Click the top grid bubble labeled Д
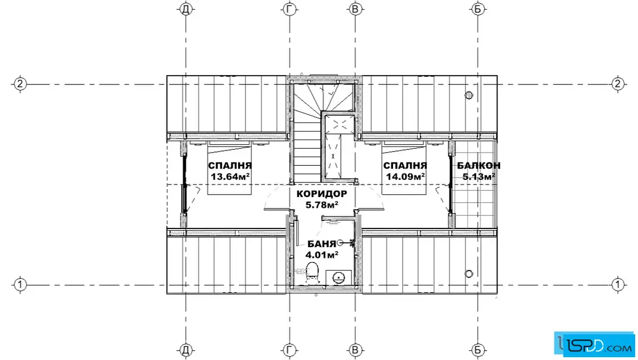tap(186, 9)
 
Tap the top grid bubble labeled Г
tap(289, 9)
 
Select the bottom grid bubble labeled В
tap(355, 350)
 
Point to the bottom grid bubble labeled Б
tap(478, 350)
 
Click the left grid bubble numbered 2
tap(20, 84)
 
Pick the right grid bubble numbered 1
tap(617, 284)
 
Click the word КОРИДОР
tap(322, 194)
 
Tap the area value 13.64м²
tap(230, 177)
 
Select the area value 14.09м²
tap(405, 177)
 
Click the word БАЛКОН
tap(478, 166)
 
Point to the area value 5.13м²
tap(478, 177)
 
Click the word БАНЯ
tap(321, 244)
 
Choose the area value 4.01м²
tap(321, 255)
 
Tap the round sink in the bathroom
tap(338, 278)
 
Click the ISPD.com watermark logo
tap(595, 344)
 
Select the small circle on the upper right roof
tap(469, 95)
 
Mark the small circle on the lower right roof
tap(469, 274)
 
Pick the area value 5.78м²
tap(322, 205)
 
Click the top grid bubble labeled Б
tap(478, 9)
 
